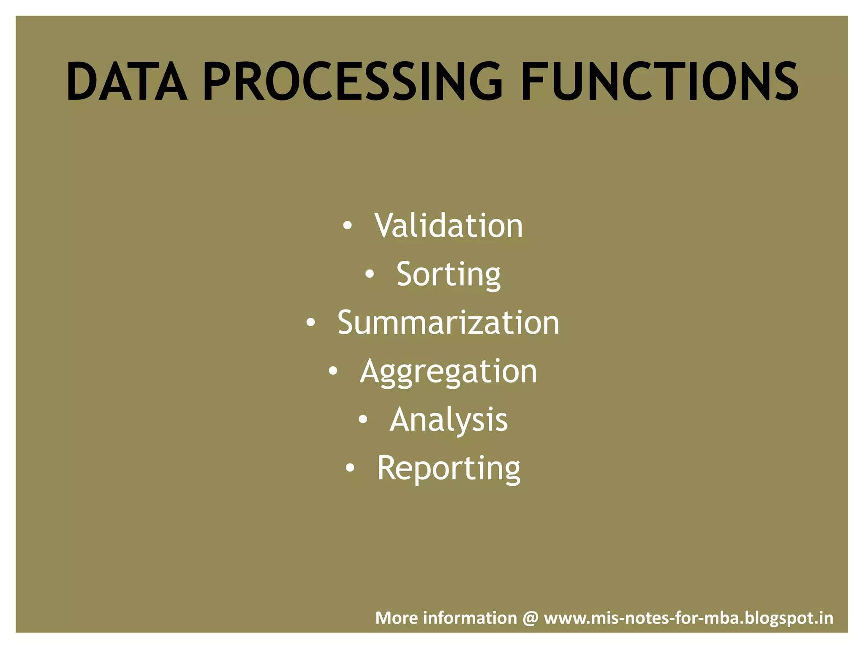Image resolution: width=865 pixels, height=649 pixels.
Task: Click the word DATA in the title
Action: click(x=127, y=81)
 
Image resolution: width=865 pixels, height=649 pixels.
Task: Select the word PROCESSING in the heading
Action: click(x=353, y=81)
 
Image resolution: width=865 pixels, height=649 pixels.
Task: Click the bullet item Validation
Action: click(x=449, y=226)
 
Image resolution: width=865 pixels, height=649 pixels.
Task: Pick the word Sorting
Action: click(x=449, y=275)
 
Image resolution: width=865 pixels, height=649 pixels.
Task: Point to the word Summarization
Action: click(x=449, y=323)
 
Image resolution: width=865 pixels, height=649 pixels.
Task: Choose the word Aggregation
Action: click(x=449, y=372)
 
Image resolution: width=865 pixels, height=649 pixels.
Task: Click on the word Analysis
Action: click(x=449, y=420)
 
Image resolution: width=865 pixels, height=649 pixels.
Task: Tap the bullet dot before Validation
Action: click(x=347, y=226)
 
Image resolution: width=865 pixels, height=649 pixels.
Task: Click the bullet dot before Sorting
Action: click(x=370, y=275)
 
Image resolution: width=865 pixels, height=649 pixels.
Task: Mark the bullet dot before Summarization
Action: click(x=310, y=323)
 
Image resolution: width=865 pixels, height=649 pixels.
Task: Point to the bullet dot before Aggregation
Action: click(x=333, y=371)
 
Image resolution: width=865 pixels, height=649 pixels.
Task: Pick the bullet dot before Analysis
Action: click(x=363, y=420)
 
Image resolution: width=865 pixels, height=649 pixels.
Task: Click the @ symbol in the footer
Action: click(x=530, y=618)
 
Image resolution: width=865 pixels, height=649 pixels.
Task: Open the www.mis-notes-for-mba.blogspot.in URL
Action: click(x=688, y=618)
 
